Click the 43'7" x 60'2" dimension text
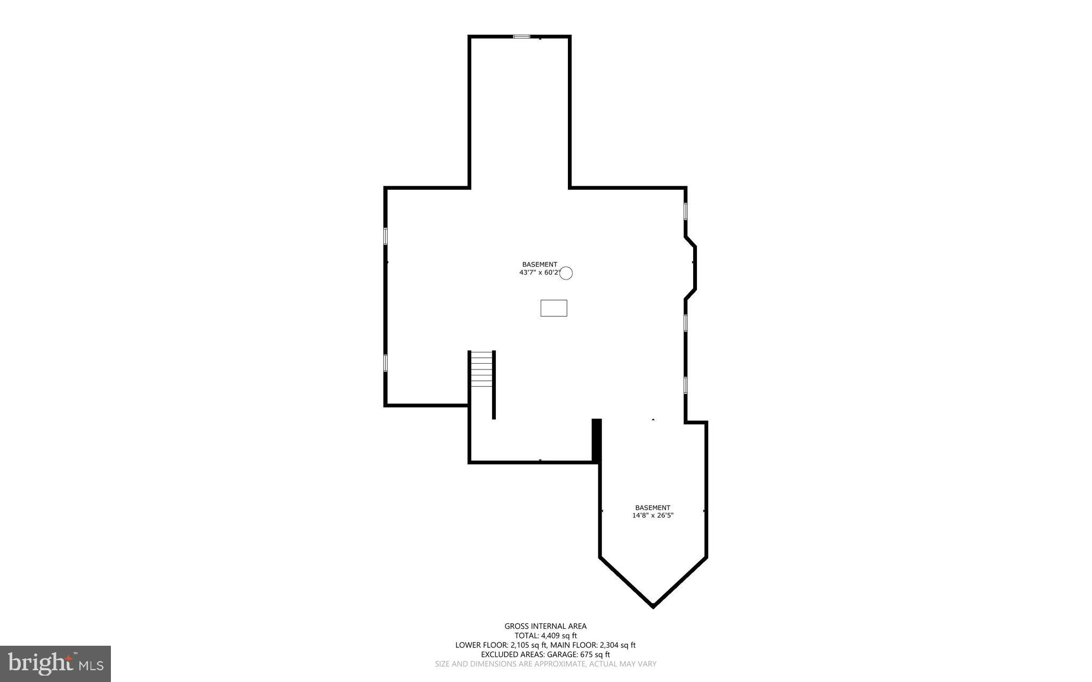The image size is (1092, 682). click(539, 272)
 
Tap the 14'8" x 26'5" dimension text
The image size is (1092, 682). click(653, 516)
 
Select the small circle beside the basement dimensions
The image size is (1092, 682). click(566, 273)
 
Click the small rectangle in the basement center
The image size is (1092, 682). click(553, 308)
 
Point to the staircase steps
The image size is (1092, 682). click(482, 369)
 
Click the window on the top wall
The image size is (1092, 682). click(521, 36)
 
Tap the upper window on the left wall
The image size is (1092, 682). click(385, 236)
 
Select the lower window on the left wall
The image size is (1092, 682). click(385, 363)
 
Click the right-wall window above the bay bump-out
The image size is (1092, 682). click(686, 211)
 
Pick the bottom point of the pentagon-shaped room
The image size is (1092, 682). click(653, 606)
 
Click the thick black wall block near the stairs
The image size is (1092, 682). click(597, 440)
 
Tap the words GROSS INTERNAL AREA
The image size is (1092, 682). click(545, 627)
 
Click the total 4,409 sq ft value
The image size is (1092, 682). click(559, 636)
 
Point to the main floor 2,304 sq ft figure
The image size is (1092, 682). click(617, 645)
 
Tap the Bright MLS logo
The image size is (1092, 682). click(55, 663)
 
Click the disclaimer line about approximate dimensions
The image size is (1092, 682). click(545, 664)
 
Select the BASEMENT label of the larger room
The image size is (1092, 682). click(540, 264)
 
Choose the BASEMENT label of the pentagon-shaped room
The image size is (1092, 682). click(653, 508)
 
